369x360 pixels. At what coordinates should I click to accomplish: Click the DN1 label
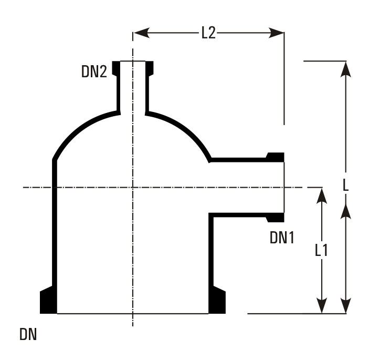coord(282,238)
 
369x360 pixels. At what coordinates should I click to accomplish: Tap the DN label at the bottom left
coord(28,334)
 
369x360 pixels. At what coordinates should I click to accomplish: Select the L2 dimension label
coord(208,33)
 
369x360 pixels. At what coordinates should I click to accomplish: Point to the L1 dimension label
coord(321,250)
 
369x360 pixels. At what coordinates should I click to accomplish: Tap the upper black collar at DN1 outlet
coord(276,157)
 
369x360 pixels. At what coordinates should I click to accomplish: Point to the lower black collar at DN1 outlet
coord(276,217)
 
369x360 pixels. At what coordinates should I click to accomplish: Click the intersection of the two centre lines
coord(133,187)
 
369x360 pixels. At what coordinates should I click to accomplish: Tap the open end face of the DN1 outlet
coord(284,187)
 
